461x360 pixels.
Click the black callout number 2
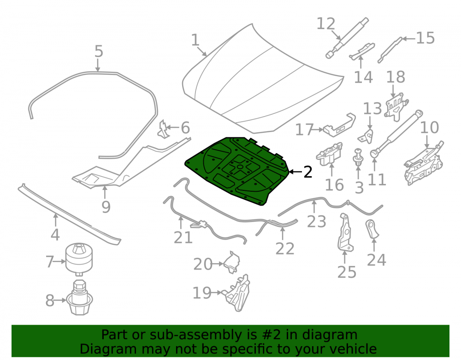tap(307, 172)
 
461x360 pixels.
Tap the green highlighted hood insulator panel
tap(237, 171)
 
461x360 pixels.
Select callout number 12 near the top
tap(326, 24)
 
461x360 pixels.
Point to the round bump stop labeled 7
tap(79, 259)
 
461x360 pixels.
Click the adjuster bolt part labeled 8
tap(79, 298)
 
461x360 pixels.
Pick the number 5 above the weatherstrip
tap(99, 51)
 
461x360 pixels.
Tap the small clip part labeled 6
tap(164, 129)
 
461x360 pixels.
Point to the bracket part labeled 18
tap(396, 106)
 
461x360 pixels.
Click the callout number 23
tap(316, 222)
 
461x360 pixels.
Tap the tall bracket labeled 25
tap(345, 233)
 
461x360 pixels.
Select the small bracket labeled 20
tap(232, 262)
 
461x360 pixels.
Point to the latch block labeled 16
tap(330, 153)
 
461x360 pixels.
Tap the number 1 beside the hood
tap(195, 40)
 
